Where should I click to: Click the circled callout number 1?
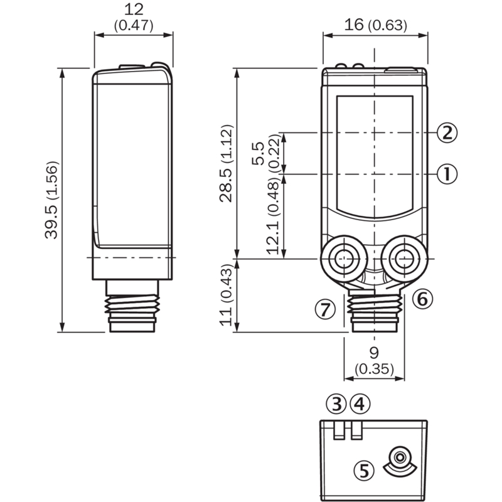point(447,174)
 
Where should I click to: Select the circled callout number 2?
point(447,132)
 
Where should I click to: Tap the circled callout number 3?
point(336,403)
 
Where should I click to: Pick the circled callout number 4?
point(360,403)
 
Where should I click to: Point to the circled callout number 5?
point(364,471)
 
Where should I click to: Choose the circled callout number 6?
point(422,299)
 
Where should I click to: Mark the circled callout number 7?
point(325,309)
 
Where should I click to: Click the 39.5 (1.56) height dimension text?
point(51,200)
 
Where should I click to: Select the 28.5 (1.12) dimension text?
point(226,163)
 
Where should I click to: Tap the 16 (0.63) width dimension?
point(375,24)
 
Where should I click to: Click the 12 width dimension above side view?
point(134,9)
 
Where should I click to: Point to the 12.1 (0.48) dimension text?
point(273,218)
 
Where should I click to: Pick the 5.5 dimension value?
point(258,153)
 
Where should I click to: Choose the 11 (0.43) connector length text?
point(226,295)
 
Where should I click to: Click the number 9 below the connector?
point(373,353)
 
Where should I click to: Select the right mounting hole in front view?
point(404,258)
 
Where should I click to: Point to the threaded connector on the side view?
point(132,306)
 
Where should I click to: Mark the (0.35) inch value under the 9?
point(374,369)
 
